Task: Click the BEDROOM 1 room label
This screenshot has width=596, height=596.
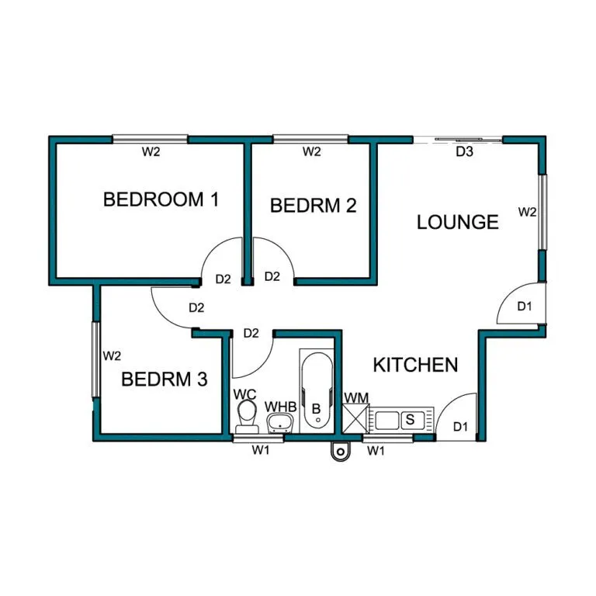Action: click(161, 199)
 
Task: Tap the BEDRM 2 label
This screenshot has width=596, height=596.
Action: click(314, 206)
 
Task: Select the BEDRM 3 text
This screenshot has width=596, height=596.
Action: click(165, 379)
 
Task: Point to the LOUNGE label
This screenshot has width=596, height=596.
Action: click(458, 222)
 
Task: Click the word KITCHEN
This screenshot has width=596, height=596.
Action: click(415, 365)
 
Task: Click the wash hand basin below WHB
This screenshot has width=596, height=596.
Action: click(280, 423)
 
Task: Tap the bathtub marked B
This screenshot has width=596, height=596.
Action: click(317, 391)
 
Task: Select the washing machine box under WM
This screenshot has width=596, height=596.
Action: click(355, 418)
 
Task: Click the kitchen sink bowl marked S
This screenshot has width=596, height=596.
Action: click(410, 419)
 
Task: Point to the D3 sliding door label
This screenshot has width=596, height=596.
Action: click(464, 151)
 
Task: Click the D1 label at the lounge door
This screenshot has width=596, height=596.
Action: click(525, 306)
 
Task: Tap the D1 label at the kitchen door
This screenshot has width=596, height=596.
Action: click(460, 427)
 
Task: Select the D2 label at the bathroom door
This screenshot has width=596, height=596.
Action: click(251, 334)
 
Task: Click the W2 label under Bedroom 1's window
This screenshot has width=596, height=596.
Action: click(151, 151)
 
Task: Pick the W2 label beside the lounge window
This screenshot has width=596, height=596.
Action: click(527, 212)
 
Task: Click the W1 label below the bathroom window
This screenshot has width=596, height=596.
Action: click(261, 450)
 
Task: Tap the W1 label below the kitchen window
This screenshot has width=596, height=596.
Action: click(376, 451)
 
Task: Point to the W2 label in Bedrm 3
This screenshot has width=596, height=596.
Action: click(112, 355)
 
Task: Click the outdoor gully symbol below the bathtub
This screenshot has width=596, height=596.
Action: click(341, 452)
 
